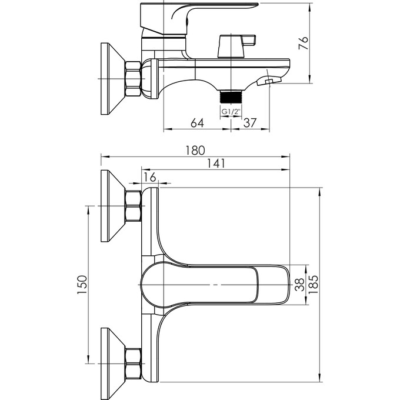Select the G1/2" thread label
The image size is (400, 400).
(x=230, y=112)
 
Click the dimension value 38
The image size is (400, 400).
(x=299, y=285)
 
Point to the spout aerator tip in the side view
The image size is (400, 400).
(x=271, y=80)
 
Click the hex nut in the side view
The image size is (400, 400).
(x=134, y=79)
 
